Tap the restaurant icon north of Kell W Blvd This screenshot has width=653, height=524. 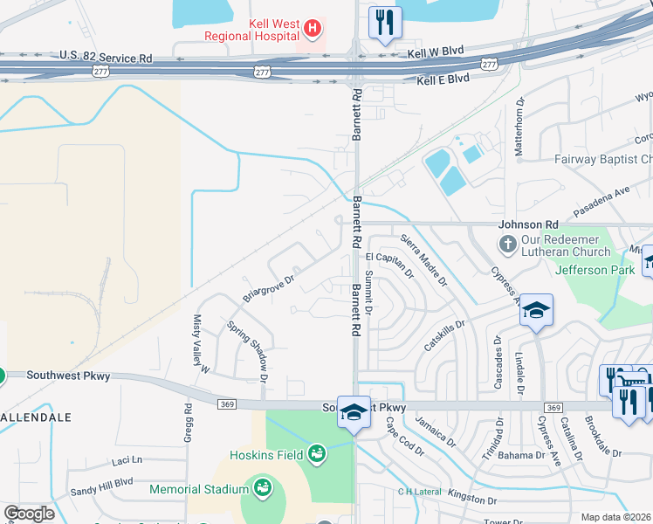pyautogui.click(x=384, y=22)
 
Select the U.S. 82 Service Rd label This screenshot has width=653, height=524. pyautogui.click(x=106, y=58)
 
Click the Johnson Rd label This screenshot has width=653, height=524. pyautogui.click(x=527, y=224)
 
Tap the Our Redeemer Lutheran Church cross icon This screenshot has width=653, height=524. pyautogui.click(x=508, y=240)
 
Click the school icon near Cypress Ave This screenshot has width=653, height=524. pyautogui.click(x=536, y=310)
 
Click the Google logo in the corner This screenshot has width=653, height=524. pyautogui.click(x=29, y=514)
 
